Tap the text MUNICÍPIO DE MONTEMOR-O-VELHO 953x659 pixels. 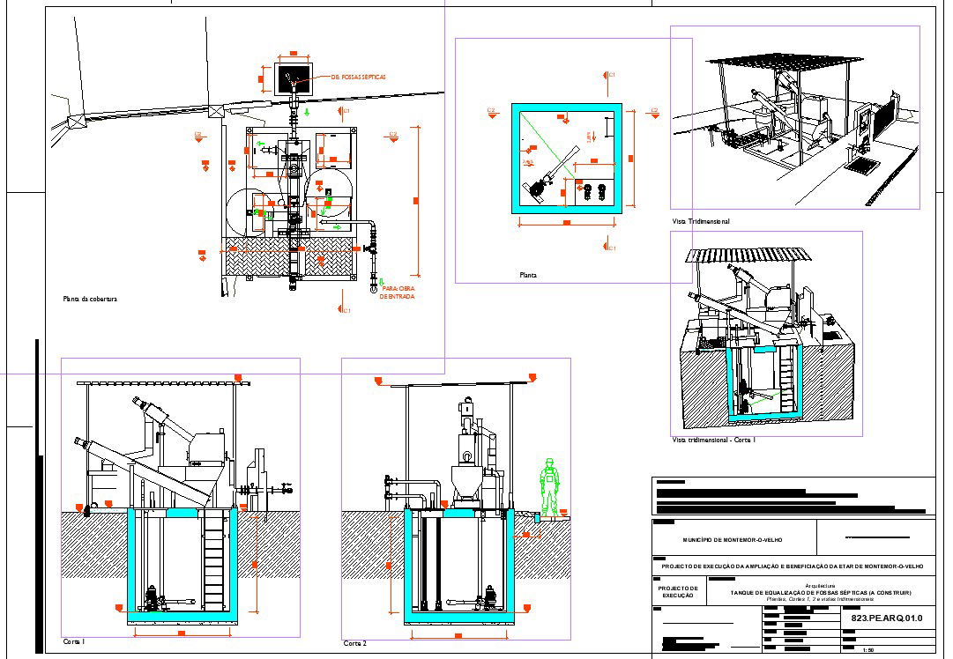tap(733, 539)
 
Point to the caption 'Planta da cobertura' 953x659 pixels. tap(90, 300)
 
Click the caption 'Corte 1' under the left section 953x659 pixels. tap(74, 642)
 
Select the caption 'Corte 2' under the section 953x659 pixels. tap(355, 644)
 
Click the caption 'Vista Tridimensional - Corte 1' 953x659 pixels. tap(713, 440)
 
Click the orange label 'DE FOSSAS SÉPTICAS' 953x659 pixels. tap(358, 78)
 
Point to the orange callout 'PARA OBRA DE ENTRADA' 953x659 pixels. tap(397, 292)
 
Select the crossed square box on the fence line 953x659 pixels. tap(213, 110)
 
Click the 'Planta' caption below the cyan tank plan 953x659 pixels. tap(528, 276)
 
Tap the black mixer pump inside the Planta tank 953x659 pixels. tap(534, 188)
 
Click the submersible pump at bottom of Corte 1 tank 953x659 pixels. tap(151, 598)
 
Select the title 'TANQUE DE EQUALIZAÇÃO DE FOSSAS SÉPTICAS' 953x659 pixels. tap(820, 593)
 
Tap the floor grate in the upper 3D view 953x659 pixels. tap(856, 163)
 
